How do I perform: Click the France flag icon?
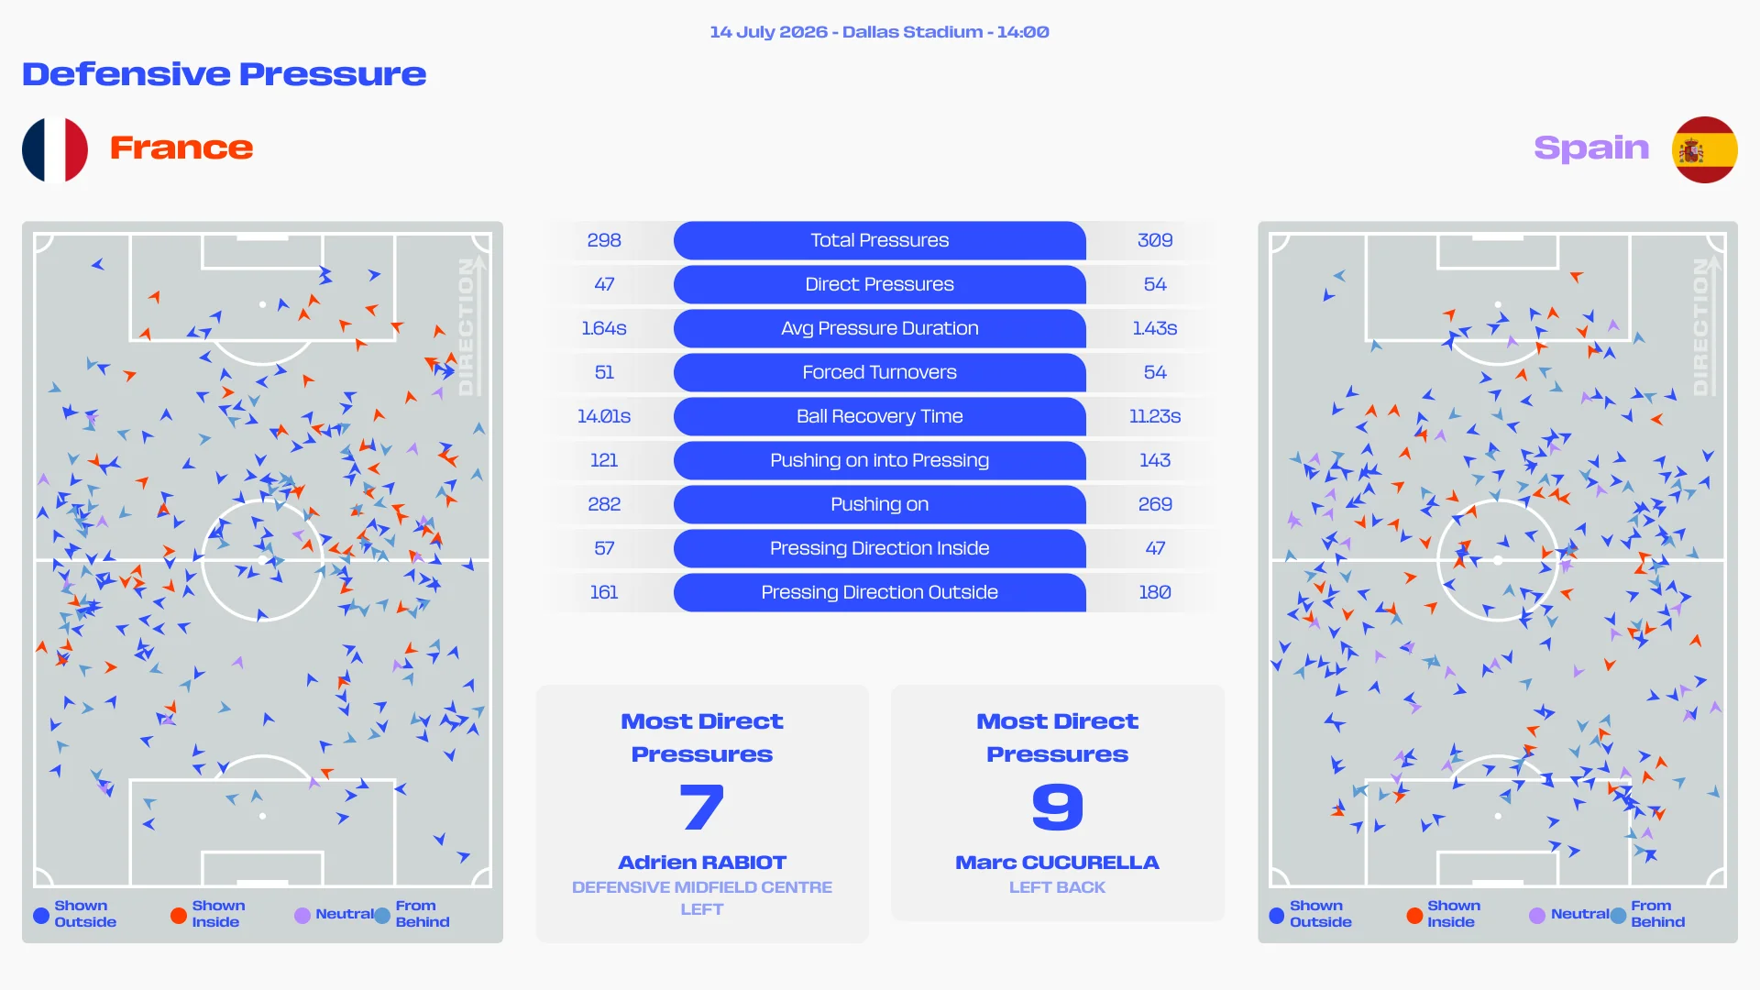pyautogui.click(x=55, y=149)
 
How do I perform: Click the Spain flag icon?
pyautogui.click(x=1704, y=149)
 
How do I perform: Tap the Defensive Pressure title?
pyautogui.click(x=225, y=74)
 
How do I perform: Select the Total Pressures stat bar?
pyautogui.click(x=880, y=240)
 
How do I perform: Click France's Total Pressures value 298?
pyautogui.click(x=604, y=240)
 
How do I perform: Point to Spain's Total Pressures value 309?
pyautogui.click(x=1155, y=240)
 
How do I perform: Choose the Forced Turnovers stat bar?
pyautogui.click(x=880, y=372)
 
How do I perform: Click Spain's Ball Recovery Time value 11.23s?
pyautogui.click(x=1155, y=416)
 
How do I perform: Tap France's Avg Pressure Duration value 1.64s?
pyautogui.click(x=604, y=328)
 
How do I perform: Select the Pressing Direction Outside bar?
pyautogui.click(x=880, y=592)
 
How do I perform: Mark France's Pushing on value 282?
pyautogui.click(x=604, y=504)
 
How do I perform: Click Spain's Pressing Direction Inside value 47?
pyautogui.click(x=1155, y=548)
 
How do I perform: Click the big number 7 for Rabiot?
pyautogui.click(x=702, y=808)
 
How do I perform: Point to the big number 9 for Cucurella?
pyautogui.click(x=1058, y=808)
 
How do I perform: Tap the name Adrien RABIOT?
pyautogui.click(x=702, y=863)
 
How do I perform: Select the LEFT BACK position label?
pyautogui.click(x=1058, y=887)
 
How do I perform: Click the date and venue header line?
pyautogui.click(x=880, y=32)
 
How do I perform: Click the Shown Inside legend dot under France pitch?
pyautogui.click(x=179, y=915)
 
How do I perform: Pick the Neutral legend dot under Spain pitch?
pyautogui.click(x=1537, y=915)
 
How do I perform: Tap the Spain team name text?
pyautogui.click(x=1591, y=148)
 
